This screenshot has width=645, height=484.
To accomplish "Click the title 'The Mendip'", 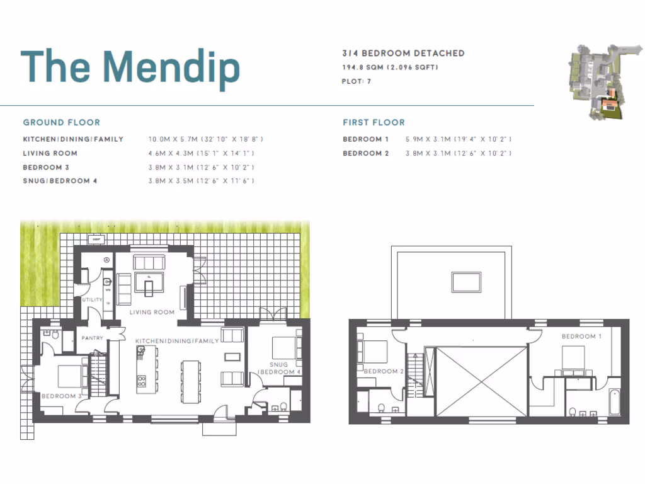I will (x=130, y=66).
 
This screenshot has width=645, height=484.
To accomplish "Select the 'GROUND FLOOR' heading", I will (x=62, y=122).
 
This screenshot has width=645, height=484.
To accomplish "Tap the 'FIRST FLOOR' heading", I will (x=374, y=122).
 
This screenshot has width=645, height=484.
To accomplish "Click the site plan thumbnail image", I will (x=596, y=81).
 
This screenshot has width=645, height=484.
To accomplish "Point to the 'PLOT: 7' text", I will (x=357, y=81).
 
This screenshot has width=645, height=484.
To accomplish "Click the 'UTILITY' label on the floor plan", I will (x=92, y=300).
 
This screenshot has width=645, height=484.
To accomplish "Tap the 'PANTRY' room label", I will (x=92, y=338).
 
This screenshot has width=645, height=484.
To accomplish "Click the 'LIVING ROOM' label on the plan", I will (x=152, y=312).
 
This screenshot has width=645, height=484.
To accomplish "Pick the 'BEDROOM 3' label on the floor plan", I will (x=62, y=396).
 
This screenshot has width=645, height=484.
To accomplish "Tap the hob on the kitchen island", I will (x=141, y=381).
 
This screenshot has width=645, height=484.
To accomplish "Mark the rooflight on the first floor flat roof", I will (x=466, y=282).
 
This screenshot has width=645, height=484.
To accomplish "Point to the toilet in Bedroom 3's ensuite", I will (x=55, y=336).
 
